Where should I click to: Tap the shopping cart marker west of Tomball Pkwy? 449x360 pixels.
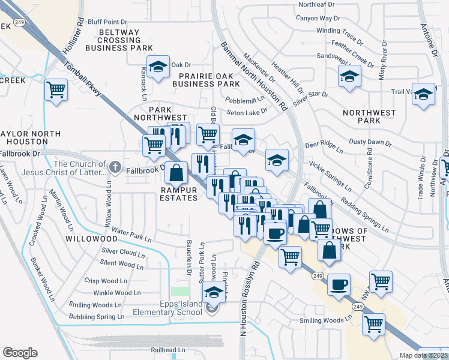[x=56, y=91]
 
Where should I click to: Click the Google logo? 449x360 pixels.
[x=20, y=353]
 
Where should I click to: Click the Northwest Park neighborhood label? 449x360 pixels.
[x=369, y=116]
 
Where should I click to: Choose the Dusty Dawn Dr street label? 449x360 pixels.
[x=370, y=144]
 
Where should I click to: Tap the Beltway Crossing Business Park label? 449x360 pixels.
[x=120, y=40]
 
